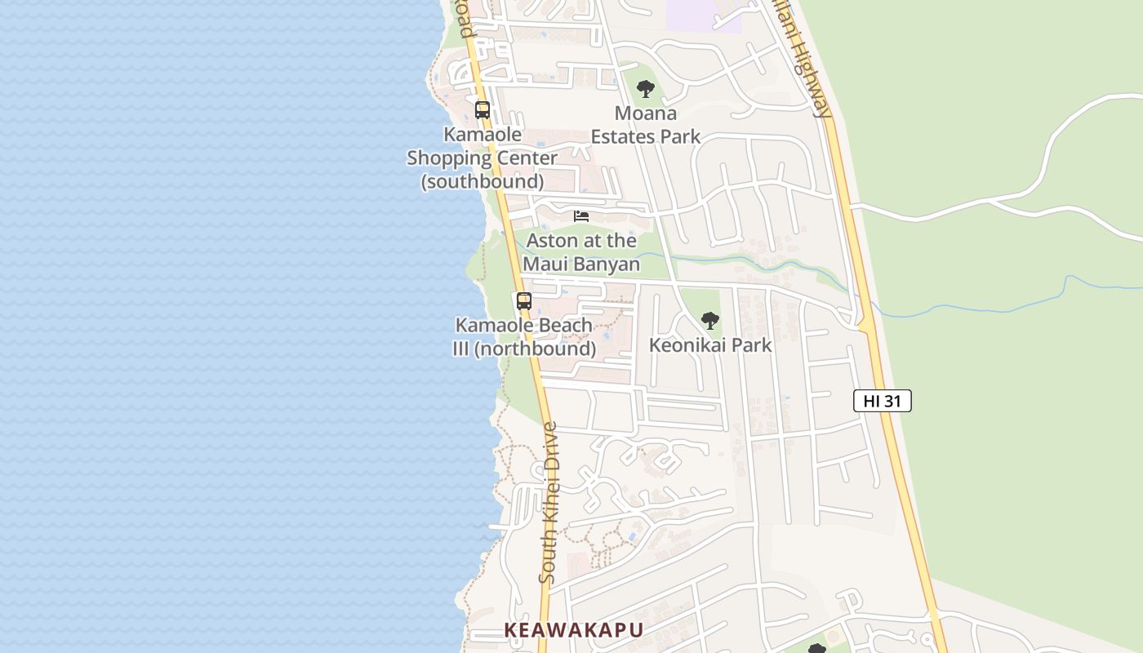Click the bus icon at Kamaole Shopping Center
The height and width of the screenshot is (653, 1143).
[x=483, y=109]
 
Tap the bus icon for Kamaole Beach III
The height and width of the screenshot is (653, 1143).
[x=524, y=300]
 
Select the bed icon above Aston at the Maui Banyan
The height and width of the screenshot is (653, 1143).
[x=581, y=216]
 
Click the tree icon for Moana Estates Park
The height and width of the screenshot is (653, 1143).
[x=646, y=88]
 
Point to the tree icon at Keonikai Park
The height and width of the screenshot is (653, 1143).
[x=710, y=320]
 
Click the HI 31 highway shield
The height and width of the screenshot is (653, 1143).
[x=882, y=401]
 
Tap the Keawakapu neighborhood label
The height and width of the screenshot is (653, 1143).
[x=573, y=630]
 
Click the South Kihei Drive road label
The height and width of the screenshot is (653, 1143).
[x=549, y=502]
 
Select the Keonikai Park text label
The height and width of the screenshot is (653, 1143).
[x=710, y=345]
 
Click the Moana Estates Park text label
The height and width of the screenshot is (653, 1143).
[x=646, y=125]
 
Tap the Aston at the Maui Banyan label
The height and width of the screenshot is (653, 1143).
[x=581, y=252]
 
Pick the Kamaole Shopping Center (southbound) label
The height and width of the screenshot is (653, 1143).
[x=483, y=158]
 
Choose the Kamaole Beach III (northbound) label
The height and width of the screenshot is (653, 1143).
[x=524, y=337]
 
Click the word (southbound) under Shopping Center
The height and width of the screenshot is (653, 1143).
[x=483, y=181]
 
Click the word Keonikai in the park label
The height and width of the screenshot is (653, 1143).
[x=682, y=345]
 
